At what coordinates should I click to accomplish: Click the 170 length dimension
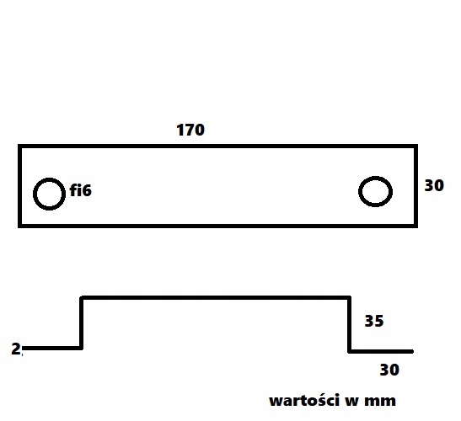190,130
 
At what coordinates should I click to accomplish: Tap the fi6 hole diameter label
81,190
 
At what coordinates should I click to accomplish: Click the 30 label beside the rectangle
434,185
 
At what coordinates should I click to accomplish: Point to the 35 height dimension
374,321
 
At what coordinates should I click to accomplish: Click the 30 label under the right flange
389,370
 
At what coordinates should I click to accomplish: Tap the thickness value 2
16,349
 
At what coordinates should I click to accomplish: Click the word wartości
304,401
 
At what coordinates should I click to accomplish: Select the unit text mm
380,402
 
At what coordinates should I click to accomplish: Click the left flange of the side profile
52,349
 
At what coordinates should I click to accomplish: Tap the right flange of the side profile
381,351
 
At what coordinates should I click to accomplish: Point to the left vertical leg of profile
82,323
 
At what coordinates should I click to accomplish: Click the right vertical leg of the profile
349,325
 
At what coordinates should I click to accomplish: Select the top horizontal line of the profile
216,298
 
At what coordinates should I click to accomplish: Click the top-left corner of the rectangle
19,146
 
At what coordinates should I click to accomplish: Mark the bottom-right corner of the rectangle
416,226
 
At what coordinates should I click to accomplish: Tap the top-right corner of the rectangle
416,146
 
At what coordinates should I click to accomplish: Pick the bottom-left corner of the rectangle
19,226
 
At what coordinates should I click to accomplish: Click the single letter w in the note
351,402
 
